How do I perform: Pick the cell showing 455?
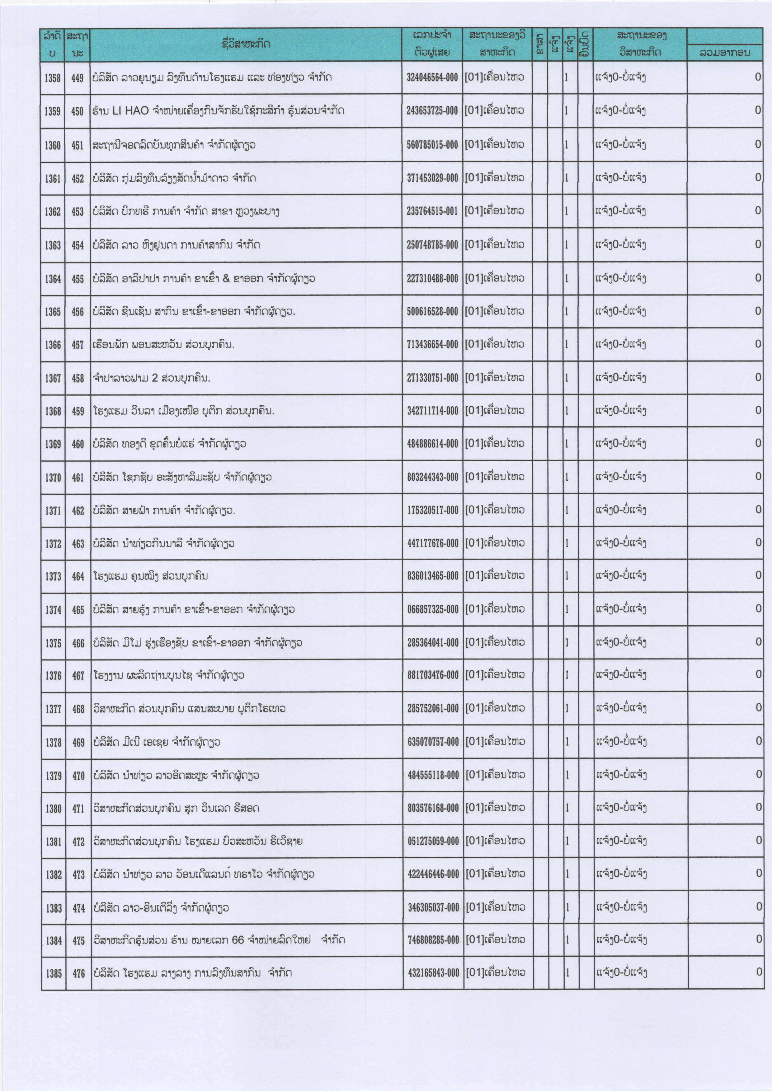pyautogui.click(x=78, y=279)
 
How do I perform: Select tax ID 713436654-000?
pyautogui.click(x=432, y=344)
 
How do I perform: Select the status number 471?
pyautogui.click(x=78, y=808)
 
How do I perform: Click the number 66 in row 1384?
pyautogui.click(x=238, y=940)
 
